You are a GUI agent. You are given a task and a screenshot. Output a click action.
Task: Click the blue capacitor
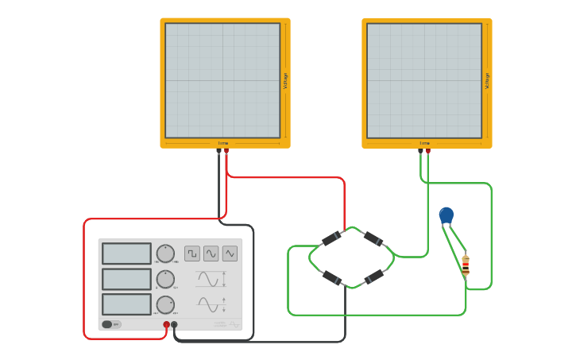[446, 215]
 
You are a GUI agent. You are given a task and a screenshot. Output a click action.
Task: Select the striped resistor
[466, 265]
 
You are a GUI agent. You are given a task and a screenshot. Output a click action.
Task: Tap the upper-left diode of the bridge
[331, 238]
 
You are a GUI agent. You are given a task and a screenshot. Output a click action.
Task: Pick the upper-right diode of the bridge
[373, 238]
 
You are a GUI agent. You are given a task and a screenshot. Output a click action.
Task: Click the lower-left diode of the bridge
[331, 277]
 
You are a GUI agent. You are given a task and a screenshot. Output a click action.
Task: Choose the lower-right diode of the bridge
[374, 277]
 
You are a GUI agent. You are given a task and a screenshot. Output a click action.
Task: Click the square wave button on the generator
[192, 254]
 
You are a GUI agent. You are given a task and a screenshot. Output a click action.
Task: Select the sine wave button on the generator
[211, 254]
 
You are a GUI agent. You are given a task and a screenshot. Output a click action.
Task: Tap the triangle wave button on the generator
[230, 254]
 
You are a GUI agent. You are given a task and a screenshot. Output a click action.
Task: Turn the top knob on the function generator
[165, 254]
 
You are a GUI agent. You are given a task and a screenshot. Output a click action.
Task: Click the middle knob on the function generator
[165, 279]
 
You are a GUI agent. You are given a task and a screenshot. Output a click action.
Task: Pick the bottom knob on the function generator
[165, 304]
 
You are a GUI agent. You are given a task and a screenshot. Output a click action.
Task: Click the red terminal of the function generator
[167, 324]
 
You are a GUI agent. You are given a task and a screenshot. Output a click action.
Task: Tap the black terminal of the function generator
[175, 324]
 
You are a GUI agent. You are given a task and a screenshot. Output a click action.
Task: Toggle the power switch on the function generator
[107, 324]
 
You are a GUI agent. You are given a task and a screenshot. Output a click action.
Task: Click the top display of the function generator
[126, 254]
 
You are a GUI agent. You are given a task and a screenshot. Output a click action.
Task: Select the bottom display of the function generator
[126, 304]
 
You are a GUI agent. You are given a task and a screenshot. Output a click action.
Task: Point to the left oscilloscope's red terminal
[226, 151]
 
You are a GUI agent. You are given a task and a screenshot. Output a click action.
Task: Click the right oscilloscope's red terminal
[428, 151]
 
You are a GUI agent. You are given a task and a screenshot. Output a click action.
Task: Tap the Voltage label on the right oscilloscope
[487, 80]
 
